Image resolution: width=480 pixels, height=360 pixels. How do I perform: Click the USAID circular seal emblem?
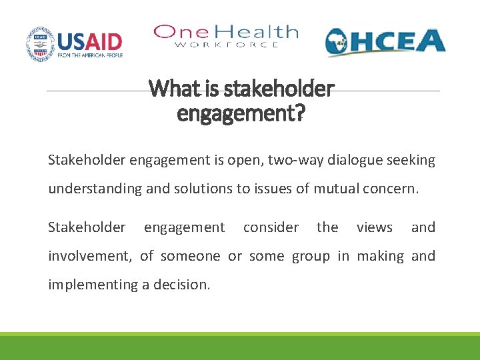coord(41,44)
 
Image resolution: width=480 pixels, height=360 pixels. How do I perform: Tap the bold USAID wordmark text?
coord(90,41)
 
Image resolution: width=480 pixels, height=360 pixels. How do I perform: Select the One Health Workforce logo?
coord(225,36)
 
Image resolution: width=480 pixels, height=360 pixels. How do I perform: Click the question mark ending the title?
coord(299,114)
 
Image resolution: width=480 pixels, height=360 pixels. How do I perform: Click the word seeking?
coord(413,161)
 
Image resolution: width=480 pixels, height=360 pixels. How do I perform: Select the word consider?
coord(271,227)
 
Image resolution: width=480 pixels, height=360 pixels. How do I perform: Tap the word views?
coord(374,227)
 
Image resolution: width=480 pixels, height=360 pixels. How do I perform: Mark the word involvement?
coord(90,256)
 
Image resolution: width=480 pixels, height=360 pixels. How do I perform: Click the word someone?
coord(190,256)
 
